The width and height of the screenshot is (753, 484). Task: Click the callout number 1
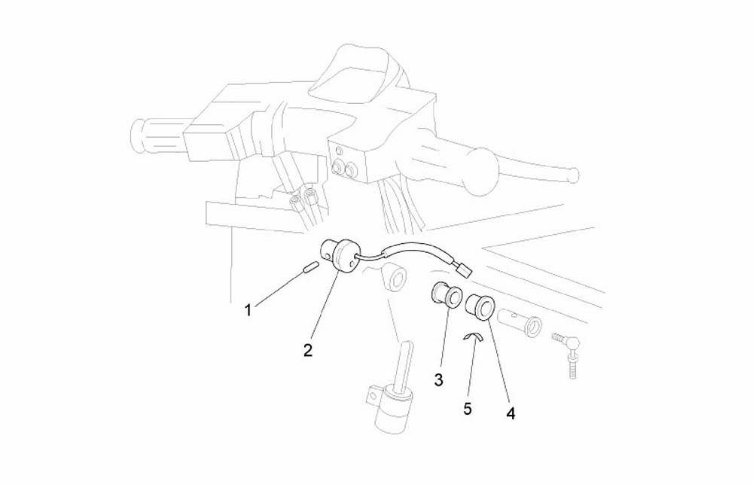248,311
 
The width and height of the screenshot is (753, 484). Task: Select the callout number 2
308,350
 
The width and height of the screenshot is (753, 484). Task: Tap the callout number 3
438,380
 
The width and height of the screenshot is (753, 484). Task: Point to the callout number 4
511,413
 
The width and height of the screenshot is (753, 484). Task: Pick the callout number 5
468,409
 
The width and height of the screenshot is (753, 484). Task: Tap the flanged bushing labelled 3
446,295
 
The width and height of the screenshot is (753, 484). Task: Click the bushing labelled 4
481,306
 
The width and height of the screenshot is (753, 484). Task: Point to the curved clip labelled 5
474,337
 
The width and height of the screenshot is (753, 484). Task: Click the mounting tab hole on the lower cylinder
370,396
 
